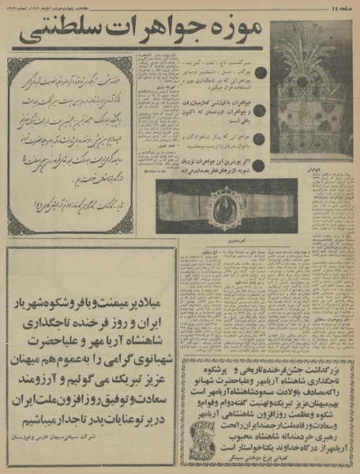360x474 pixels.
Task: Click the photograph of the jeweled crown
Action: click(x=311, y=91)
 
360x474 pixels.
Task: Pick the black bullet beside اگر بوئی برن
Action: click(x=261, y=168)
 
